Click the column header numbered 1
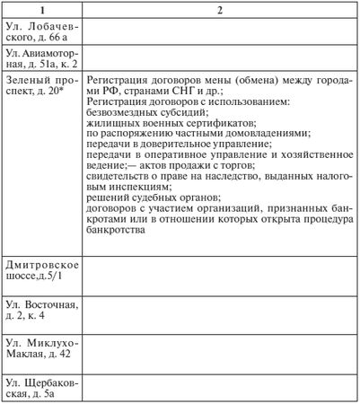[44, 10]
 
